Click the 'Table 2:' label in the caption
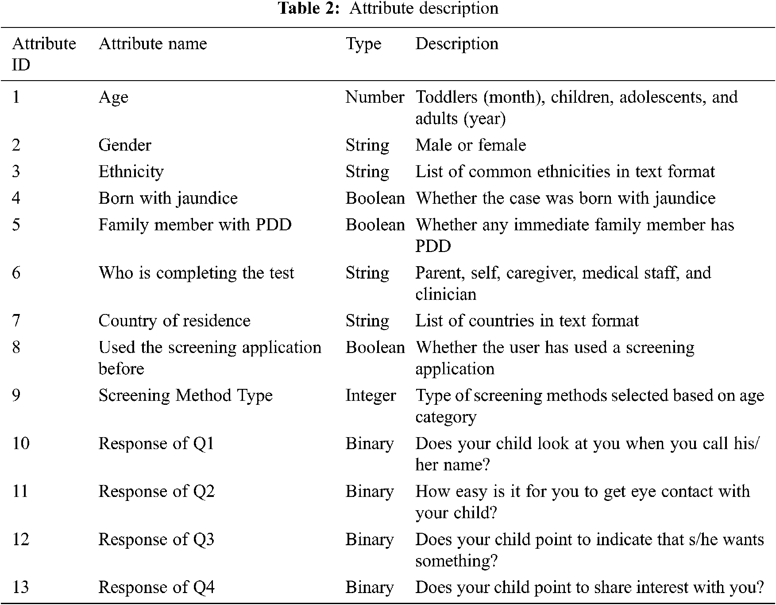(x=309, y=8)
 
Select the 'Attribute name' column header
(x=153, y=44)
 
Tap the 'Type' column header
(x=363, y=44)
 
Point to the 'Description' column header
(x=456, y=44)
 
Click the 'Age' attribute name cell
(x=113, y=97)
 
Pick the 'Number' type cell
(x=374, y=97)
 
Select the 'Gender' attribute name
(x=125, y=145)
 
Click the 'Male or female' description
(x=471, y=145)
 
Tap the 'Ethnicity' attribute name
(x=131, y=172)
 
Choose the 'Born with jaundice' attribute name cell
(x=168, y=198)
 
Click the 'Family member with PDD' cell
(x=195, y=225)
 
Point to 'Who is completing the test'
(x=196, y=273)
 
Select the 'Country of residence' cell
(x=174, y=321)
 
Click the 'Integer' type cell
(x=371, y=396)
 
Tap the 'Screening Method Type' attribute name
(x=185, y=396)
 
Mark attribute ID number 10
(x=21, y=443)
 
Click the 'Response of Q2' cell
(x=156, y=492)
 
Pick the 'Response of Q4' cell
(x=156, y=587)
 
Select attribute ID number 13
(x=21, y=587)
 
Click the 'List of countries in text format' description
(x=527, y=321)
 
